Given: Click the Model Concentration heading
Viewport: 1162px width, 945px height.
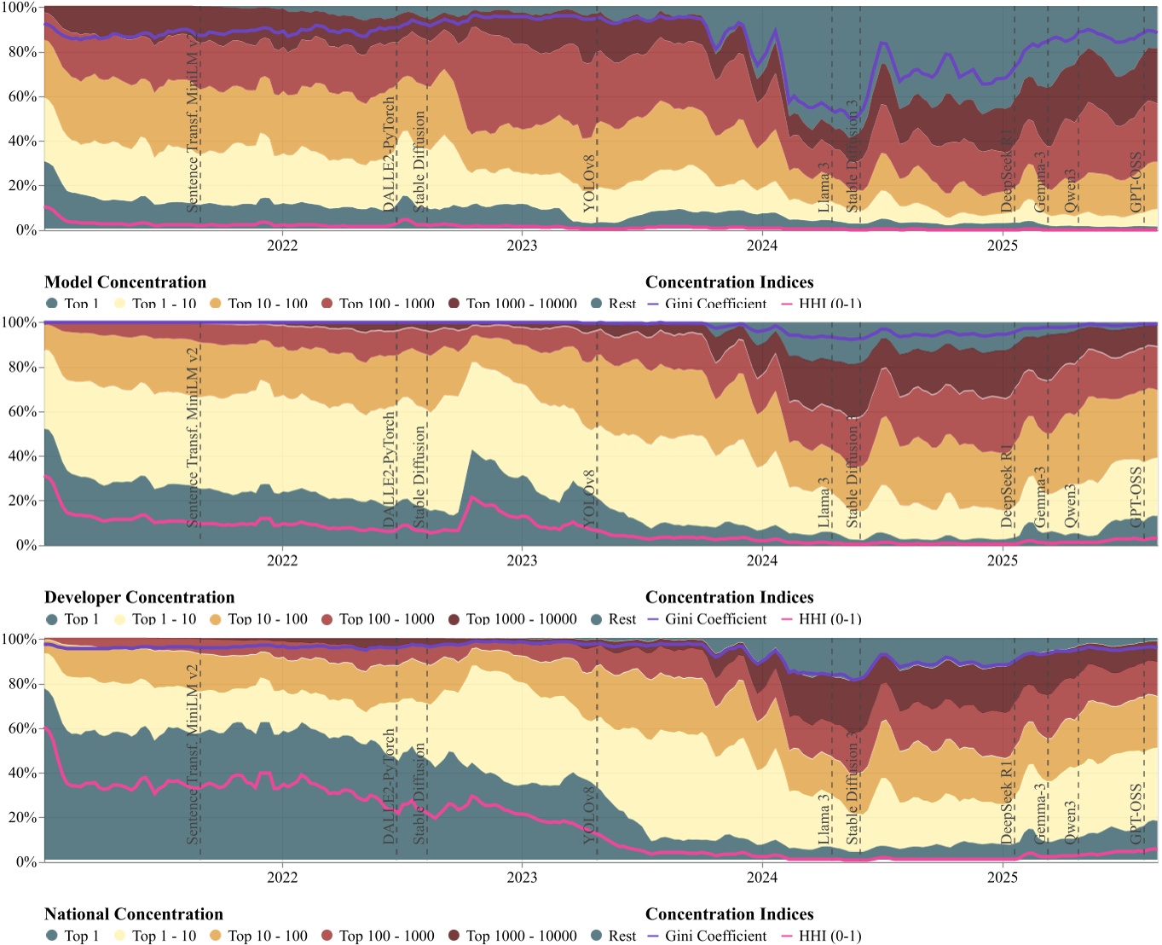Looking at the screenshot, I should pyautogui.click(x=125, y=282).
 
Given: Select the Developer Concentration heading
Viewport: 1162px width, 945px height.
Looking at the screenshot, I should pyautogui.click(x=139, y=598).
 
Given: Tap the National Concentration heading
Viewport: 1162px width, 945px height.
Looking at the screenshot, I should pyautogui.click(x=134, y=914).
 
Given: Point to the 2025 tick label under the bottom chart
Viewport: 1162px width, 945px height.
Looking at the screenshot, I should pyautogui.click(x=1002, y=878).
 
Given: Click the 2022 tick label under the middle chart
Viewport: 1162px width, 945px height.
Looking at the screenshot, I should pyautogui.click(x=282, y=561).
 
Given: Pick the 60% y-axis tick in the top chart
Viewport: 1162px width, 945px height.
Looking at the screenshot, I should pyautogui.click(x=21, y=96).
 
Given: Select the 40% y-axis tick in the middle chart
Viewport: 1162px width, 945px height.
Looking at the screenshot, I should pyautogui.click(x=21, y=456).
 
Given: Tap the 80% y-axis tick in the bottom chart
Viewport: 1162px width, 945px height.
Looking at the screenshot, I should pyautogui.click(x=21, y=684).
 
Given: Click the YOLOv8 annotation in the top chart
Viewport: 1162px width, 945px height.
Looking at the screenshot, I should pyautogui.click(x=590, y=183).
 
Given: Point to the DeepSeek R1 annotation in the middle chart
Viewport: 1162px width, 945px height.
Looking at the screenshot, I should pyautogui.click(x=1007, y=485).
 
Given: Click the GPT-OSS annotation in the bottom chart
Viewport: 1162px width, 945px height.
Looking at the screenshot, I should pyautogui.click(x=1136, y=814).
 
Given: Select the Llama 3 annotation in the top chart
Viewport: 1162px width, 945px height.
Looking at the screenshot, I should pyautogui.click(x=824, y=188).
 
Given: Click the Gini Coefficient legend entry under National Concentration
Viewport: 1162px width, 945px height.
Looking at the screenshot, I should pyautogui.click(x=715, y=936).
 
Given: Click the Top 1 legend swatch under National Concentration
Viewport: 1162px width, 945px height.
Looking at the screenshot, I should pyautogui.click(x=52, y=936).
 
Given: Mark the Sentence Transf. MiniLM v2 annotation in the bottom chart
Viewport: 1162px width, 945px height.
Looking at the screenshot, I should pyautogui.click(x=194, y=754).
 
